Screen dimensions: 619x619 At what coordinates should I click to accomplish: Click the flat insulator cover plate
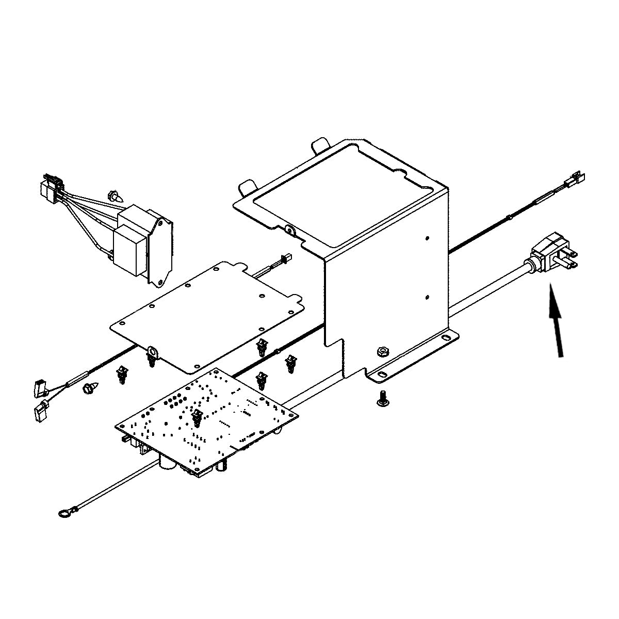206,315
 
